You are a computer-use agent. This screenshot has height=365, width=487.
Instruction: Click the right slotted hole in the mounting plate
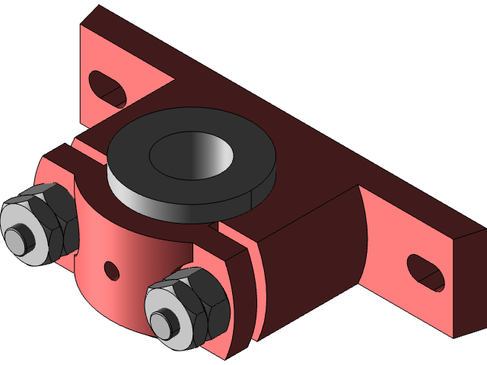(425, 272)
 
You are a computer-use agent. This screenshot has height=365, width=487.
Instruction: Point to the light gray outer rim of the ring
(152, 198)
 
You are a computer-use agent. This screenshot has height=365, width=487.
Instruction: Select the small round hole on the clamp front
(112, 269)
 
